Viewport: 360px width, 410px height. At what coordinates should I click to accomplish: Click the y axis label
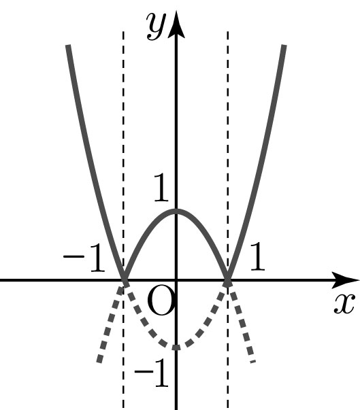coord(156,26)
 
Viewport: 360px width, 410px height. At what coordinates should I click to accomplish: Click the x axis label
coord(344,303)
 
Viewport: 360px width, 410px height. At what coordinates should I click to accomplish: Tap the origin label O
coord(161,300)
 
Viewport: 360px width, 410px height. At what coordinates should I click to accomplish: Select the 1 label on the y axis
coord(161,188)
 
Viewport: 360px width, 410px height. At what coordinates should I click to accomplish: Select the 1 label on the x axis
coord(257,256)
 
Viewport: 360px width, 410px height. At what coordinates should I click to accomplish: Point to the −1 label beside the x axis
coord(84,258)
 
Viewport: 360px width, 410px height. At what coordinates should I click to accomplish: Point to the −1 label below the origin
coord(151,373)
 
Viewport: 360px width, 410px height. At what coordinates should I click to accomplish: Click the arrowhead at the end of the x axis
coord(346,280)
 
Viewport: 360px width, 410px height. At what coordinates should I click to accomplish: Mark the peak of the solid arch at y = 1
coord(176,211)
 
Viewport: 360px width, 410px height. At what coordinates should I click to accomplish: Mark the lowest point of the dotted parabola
coord(176,347)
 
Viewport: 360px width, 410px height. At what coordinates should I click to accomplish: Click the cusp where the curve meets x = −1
coord(124,281)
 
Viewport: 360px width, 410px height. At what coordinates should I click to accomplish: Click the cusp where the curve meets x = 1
coord(228,281)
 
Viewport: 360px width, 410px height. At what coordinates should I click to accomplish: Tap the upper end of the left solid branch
coord(68,46)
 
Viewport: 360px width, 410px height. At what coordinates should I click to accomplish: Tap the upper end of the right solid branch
coord(284,46)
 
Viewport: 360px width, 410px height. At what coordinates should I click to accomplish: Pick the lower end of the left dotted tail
coord(99,361)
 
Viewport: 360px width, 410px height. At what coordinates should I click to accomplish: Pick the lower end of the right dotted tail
coord(252,361)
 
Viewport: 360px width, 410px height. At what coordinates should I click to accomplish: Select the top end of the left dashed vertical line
coord(123,32)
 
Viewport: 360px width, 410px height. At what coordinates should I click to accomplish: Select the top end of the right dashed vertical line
coord(227,32)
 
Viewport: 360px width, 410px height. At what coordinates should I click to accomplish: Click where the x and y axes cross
coord(176,281)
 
